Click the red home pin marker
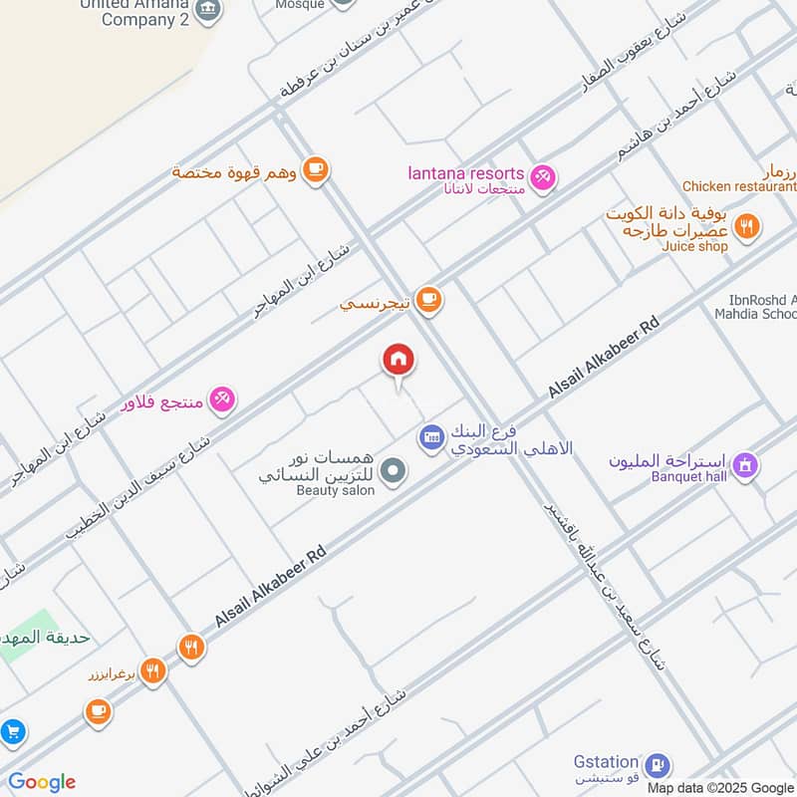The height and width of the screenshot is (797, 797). point(398,361)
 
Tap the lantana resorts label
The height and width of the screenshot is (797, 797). point(465,173)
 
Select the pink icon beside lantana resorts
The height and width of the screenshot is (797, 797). point(543,177)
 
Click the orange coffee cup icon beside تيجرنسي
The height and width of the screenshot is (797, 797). point(428,299)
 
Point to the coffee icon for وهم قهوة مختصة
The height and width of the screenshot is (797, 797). point(316,170)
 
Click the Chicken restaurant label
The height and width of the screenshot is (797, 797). point(738,186)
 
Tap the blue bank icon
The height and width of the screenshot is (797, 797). point(430,436)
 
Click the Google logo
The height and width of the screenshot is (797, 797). point(42,782)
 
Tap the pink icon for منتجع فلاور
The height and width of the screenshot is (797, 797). point(222,399)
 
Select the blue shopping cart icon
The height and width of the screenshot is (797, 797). point(12,732)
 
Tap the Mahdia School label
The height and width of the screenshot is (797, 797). point(763,315)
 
